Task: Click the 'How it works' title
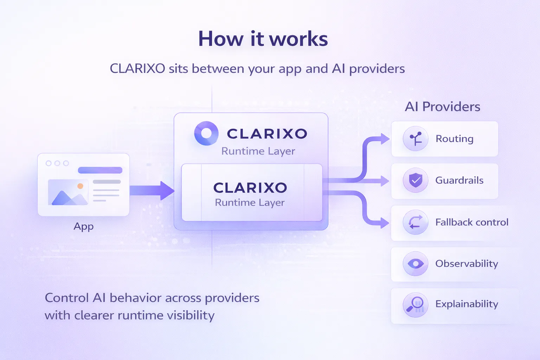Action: click(263, 39)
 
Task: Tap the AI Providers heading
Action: click(442, 107)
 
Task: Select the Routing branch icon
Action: click(415, 139)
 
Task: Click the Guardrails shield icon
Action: click(415, 180)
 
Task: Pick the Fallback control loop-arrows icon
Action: click(415, 222)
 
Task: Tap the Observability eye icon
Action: click(415, 264)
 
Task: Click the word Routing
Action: click(455, 139)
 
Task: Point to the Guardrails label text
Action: click(459, 180)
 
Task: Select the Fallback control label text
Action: click(472, 222)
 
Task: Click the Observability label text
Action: click(467, 264)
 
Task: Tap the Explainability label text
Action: click(467, 304)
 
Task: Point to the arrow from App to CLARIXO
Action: click(152, 191)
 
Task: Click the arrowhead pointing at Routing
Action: click(385, 139)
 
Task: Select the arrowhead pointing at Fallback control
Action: click(385, 223)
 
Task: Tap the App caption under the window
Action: click(83, 227)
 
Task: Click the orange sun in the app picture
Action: click(80, 186)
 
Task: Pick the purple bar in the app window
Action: click(100, 170)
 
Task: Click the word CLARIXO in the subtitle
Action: click(137, 69)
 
